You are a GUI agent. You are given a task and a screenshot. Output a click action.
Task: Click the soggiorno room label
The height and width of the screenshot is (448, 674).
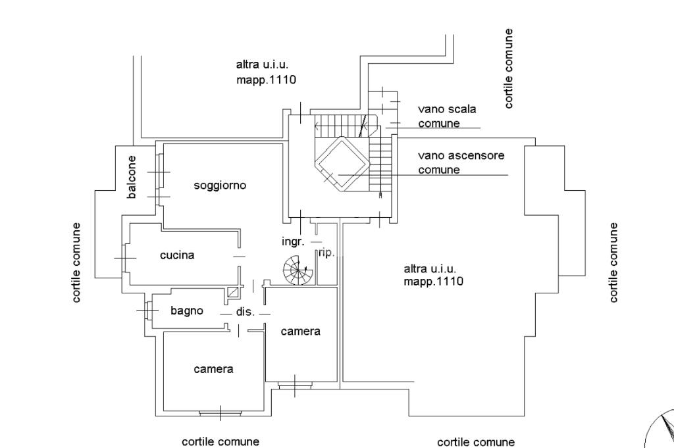point(220,186)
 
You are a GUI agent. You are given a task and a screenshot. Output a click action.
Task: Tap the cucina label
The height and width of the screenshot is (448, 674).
point(177,255)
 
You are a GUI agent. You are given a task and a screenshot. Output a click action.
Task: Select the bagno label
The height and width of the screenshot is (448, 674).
point(186,311)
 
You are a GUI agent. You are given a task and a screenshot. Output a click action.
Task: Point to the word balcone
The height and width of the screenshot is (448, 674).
point(132,177)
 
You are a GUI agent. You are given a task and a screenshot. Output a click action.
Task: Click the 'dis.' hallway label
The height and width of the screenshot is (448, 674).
point(245,312)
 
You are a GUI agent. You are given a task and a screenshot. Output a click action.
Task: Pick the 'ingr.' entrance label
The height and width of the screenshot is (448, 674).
point(293,241)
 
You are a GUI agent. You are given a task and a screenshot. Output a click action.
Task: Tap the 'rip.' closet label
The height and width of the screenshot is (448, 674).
point(326,253)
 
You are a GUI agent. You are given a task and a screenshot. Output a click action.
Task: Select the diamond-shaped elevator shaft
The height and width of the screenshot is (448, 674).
point(342,164)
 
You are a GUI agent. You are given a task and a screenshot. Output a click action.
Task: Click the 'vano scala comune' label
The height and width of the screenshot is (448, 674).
point(447,116)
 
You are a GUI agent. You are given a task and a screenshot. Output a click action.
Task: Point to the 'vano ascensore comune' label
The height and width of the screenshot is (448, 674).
point(461,162)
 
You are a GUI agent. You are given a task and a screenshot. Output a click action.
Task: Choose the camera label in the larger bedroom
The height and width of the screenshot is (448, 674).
point(214,369)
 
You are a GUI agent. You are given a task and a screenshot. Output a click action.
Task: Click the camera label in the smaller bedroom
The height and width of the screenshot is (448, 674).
point(300,331)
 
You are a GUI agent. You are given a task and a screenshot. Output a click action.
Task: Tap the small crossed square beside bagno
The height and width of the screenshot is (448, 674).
point(234,293)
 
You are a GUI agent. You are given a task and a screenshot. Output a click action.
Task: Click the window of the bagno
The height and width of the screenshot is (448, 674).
point(149,310)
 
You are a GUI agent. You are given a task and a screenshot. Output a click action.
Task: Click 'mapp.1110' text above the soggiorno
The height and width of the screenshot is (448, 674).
point(266,80)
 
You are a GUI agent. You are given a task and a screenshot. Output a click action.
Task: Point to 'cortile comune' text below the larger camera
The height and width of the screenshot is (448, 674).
point(220,441)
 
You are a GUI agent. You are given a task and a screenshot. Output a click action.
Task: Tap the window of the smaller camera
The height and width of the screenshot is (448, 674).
point(295,386)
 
